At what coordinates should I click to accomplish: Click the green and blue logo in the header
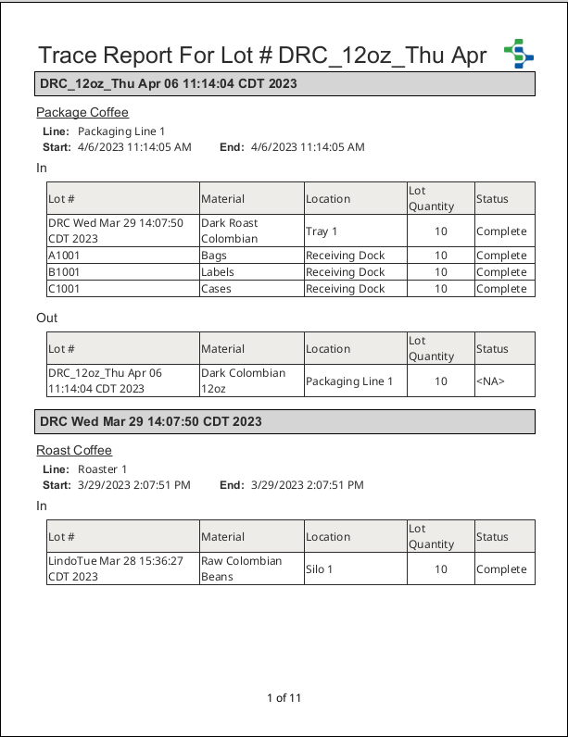click(x=519, y=54)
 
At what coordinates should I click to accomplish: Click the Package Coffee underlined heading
click(x=82, y=113)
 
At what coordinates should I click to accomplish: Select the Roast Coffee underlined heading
click(x=74, y=451)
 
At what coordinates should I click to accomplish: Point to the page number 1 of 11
click(x=284, y=698)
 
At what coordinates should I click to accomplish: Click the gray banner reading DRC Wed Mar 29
click(x=284, y=421)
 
